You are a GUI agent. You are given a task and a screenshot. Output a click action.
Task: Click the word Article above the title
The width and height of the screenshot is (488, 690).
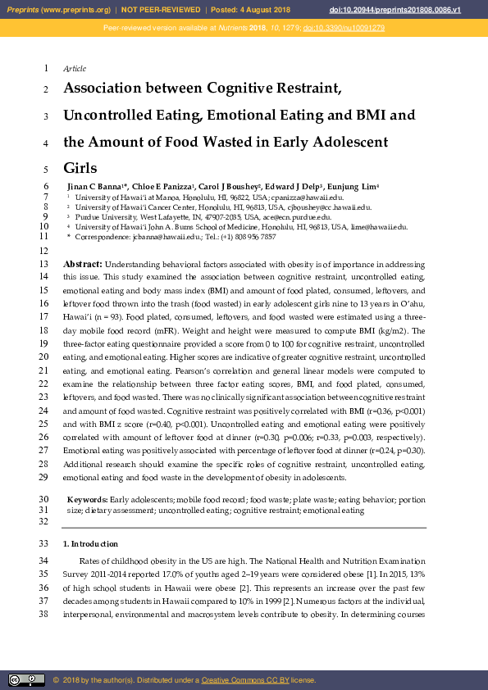tap(75, 68)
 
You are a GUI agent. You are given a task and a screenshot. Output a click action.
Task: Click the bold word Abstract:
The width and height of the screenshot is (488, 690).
tap(83, 265)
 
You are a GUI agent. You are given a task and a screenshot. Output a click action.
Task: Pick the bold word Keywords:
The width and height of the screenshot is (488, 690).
tap(87, 499)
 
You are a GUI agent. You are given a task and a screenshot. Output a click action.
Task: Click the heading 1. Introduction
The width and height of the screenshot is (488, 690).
tap(90, 544)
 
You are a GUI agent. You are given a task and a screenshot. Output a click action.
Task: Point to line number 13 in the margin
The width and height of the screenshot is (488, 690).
tap(44, 265)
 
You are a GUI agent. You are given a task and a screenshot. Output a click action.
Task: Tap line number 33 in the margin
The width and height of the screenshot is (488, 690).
tap(44, 544)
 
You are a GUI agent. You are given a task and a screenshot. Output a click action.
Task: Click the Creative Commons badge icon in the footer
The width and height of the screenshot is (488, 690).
tap(26, 679)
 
